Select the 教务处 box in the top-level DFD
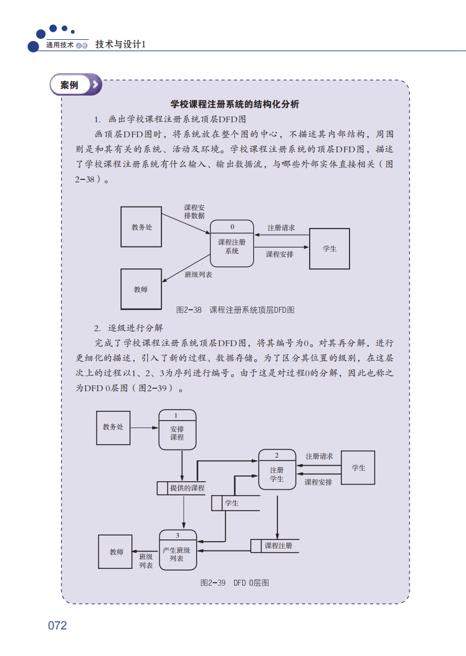click(141, 227)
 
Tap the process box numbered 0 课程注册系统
click(232, 243)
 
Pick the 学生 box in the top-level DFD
click(329, 249)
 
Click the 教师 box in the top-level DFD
click(141, 289)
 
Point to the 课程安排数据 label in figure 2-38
click(194, 211)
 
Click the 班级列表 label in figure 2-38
click(198, 275)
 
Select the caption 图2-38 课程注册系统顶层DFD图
click(235, 310)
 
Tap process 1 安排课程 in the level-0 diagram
click(177, 430)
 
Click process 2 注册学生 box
click(277, 471)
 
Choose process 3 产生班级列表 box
click(178, 550)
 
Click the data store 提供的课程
click(181, 488)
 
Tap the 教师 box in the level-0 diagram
click(116, 552)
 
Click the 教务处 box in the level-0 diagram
click(113, 428)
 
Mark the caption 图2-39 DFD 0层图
click(235, 583)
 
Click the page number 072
click(58, 626)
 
